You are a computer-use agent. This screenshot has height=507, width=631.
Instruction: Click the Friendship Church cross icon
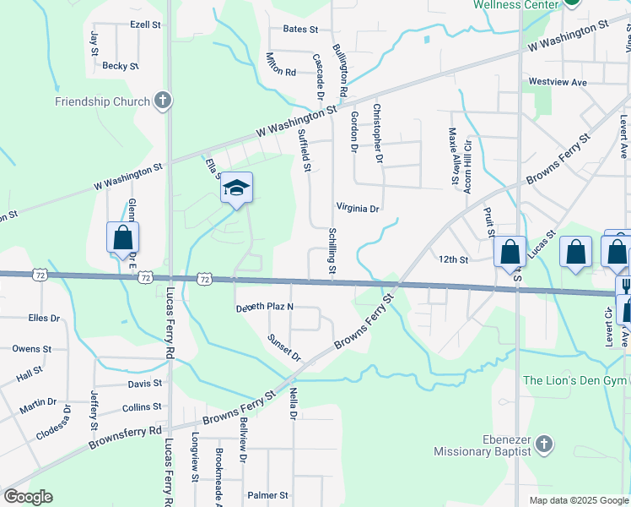coord(164,101)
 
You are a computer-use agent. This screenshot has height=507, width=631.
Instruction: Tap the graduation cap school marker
coord(237,188)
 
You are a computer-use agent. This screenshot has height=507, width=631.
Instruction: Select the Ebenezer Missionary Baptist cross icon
coord(544,444)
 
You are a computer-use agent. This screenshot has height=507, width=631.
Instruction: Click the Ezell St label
coord(145,25)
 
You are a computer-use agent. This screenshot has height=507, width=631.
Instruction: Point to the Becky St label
coord(120,66)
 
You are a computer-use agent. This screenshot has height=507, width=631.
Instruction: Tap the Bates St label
coord(300,29)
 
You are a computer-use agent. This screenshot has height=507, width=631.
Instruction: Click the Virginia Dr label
coord(358,208)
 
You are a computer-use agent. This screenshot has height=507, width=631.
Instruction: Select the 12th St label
coord(453,259)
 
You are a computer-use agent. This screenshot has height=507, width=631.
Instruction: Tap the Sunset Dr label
coord(284,347)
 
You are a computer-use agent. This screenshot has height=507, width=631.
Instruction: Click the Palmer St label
coord(267,495)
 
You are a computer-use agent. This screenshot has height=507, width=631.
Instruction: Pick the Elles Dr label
coord(44,319)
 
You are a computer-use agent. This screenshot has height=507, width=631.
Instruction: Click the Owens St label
coord(32,348)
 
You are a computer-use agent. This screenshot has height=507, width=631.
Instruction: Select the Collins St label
coord(141,407)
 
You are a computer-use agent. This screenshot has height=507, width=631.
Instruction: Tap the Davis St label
coord(144,384)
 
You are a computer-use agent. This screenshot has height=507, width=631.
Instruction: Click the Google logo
coord(28,497)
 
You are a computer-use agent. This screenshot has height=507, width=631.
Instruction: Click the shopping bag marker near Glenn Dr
coord(122,238)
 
